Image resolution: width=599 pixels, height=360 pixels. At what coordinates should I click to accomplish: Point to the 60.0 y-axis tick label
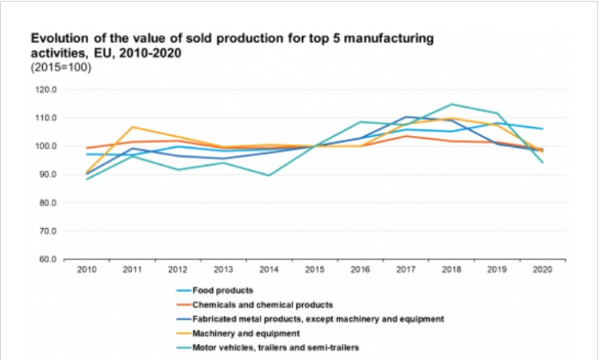point(46,260)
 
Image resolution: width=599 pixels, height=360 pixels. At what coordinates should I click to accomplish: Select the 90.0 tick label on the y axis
point(46,175)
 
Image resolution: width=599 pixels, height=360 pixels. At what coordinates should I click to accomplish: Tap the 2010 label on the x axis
point(87,269)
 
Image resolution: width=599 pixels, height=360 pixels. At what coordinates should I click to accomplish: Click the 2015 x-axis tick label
point(315,269)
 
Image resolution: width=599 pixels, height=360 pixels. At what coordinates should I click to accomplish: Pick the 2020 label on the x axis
point(543,269)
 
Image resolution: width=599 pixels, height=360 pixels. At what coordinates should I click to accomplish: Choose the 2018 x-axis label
point(452,269)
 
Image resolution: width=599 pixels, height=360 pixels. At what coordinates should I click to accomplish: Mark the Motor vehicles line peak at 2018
point(452,104)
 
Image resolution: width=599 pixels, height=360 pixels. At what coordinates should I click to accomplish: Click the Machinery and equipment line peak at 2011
point(132,127)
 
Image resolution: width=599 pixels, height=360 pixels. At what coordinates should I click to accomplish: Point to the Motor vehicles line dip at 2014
point(269,176)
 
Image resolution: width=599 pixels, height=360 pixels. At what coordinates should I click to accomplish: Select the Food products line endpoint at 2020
point(543,129)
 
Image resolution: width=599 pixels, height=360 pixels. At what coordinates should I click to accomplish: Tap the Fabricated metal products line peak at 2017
point(406,116)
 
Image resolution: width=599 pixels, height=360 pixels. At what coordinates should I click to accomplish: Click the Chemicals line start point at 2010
point(87,148)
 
